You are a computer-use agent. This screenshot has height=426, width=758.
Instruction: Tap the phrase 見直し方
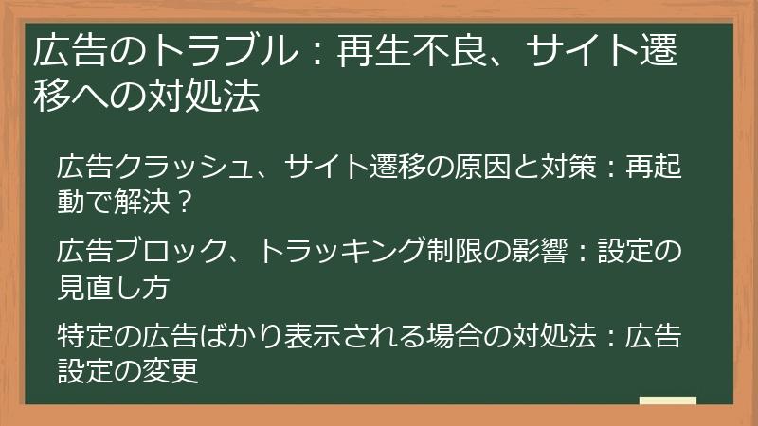coord(114,285)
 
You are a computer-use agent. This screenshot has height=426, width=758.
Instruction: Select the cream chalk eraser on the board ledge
coord(667,401)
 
